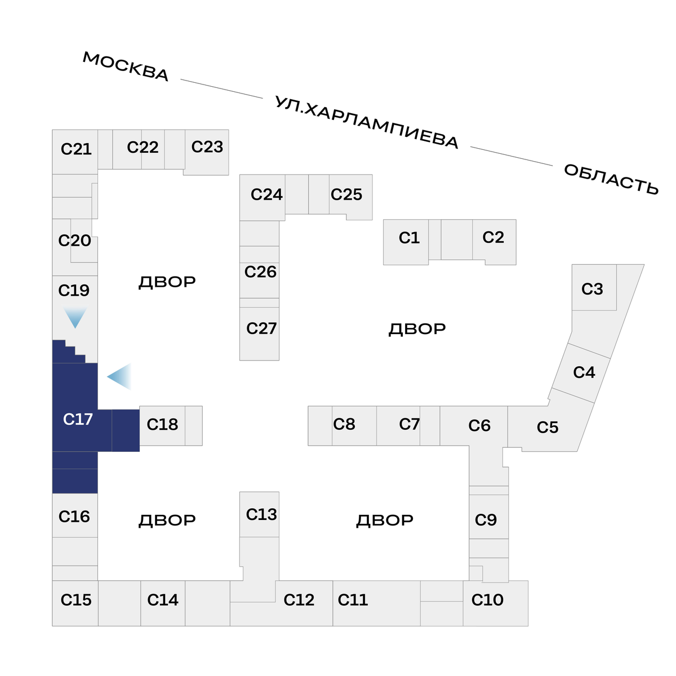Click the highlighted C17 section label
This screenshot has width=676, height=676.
pyautogui.click(x=78, y=419)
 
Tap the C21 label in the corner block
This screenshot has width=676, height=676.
pyautogui.click(x=76, y=149)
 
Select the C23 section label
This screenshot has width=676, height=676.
pyautogui.click(x=207, y=146)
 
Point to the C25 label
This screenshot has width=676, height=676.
pyautogui.click(x=346, y=194)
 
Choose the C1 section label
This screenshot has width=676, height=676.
pyautogui.click(x=409, y=238)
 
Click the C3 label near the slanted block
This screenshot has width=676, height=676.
pyautogui.click(x=592, y=289)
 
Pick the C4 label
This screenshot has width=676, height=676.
pyautogui.click(x=584, y=372)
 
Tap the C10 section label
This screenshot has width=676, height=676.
pyautogui.click(x=487, y=599)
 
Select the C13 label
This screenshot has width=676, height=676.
pyautogui.click(x=261, y=515)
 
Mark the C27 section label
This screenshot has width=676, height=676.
pyautogui.click(x=261, y=328)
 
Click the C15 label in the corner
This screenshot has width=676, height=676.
pyautogui.click(x=76, y=599)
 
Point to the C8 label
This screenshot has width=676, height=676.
pyautogui.click(x=344, y=424)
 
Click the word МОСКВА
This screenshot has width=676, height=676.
pyautogui.click(x=126, y=66)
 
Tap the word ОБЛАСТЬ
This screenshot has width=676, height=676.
pyautogui.click(x=611, y=179)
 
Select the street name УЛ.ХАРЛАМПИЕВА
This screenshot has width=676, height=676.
pyautogui.click(x=366, y=122)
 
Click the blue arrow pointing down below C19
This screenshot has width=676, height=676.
pyautogui.click(x=75, y=317)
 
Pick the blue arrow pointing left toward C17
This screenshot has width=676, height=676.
pyautogui.click(x=120, y=376)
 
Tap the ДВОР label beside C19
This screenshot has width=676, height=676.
pyautogui.click(x=167, y=282)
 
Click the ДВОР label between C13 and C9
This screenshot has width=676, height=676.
pyautogui.click(x=385, y=521)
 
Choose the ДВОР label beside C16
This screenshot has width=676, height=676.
pyautogui.click(x=167, y=521)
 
